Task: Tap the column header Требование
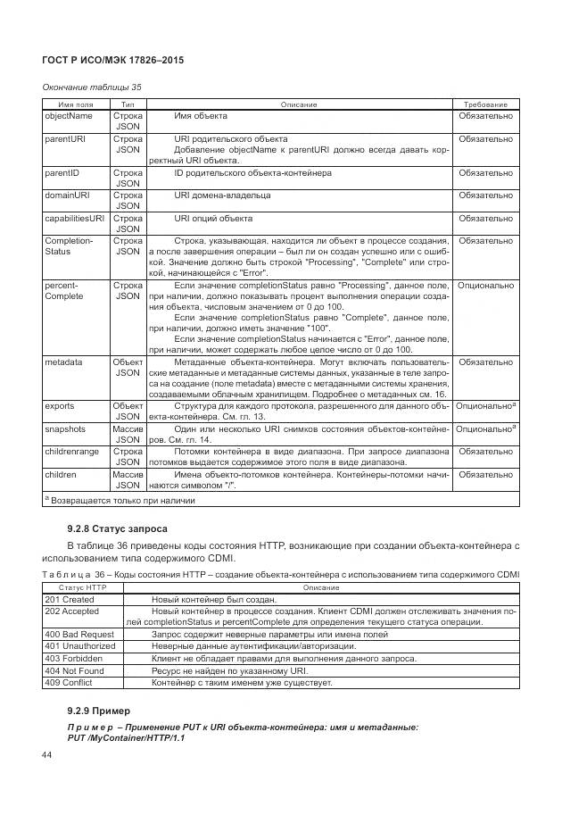click(485, 104)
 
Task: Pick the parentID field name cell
click(63, 172)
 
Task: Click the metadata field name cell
click(63, 362)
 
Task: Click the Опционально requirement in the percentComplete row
click(485, 286)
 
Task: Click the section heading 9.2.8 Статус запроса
click(117, 528)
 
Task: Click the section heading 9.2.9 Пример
click(98, 711)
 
